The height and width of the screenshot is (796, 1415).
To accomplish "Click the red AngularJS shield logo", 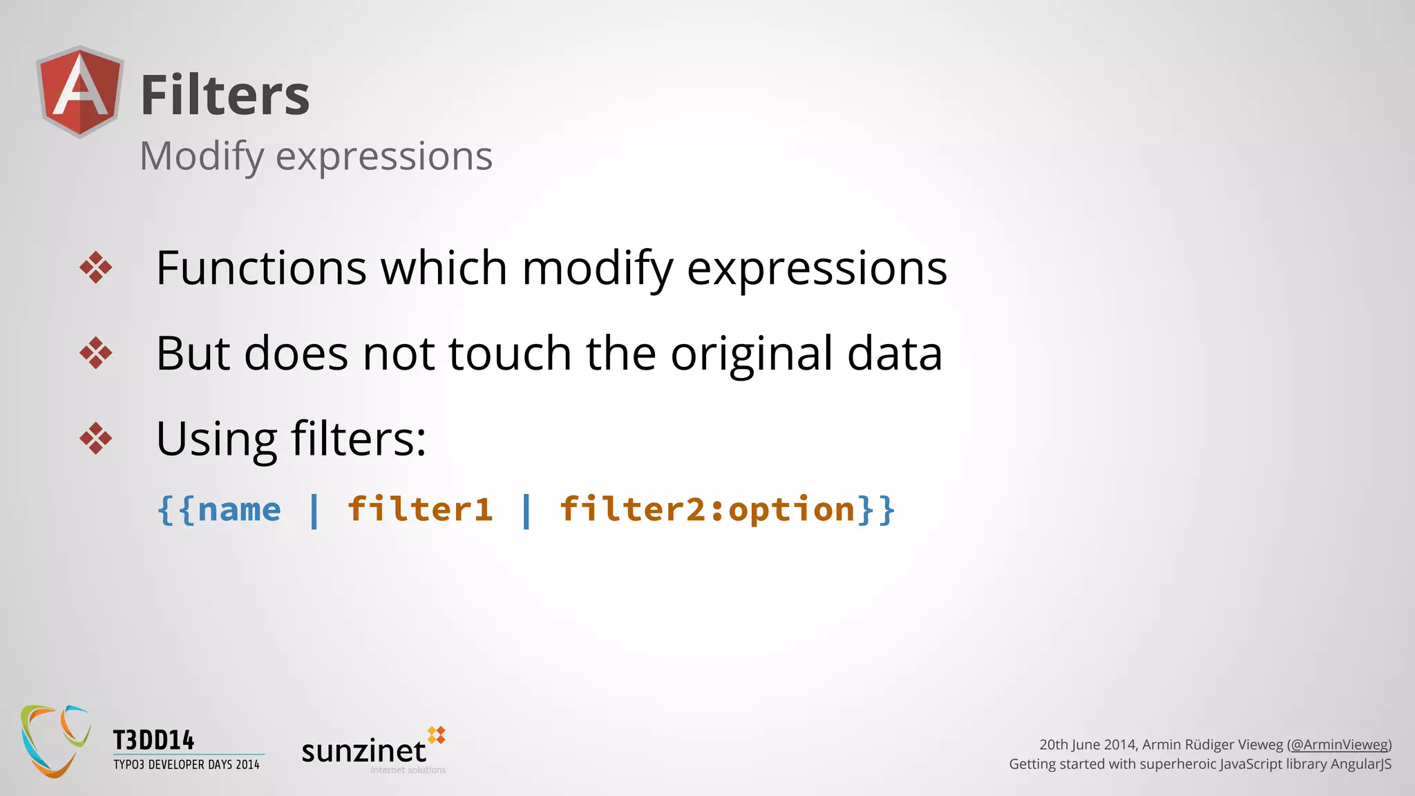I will point(80,92).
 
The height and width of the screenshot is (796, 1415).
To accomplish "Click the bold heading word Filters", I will point(225,95).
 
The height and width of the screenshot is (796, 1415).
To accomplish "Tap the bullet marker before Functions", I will point(95,267).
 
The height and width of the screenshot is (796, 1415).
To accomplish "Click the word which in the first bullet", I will point(444,268).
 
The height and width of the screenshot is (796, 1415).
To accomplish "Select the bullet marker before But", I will point(95,353).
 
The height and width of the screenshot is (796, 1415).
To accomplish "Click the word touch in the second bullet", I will point(510,354).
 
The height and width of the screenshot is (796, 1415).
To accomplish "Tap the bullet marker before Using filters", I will point(95,438).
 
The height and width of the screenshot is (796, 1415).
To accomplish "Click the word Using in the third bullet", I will point(216,439).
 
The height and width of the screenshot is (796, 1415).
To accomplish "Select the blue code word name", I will point(239,510).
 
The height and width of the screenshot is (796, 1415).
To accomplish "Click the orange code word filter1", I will point(420,510).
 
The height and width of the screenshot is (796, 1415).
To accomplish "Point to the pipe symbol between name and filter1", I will point(314,511).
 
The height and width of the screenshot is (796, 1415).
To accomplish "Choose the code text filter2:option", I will point(707,510).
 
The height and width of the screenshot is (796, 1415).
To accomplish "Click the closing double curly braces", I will point(877,510).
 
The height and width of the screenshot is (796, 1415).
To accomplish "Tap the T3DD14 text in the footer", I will point(153,741).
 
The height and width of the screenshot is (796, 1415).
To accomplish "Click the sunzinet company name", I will point(364,751).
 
